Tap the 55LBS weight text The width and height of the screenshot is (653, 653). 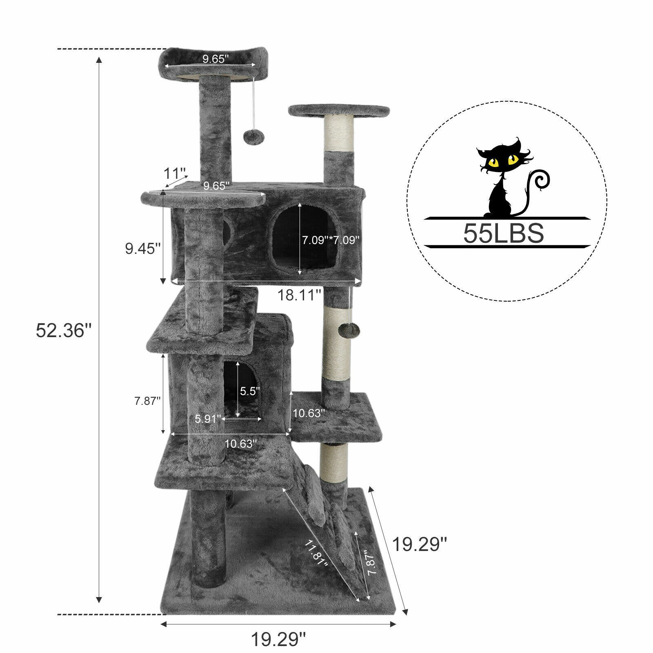[503, 233]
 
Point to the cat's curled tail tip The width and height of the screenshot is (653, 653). [543, 180]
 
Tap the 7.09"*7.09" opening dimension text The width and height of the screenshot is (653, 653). [331, 240]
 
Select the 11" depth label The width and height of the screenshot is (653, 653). [175, 173]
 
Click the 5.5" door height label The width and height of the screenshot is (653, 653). [249, 391]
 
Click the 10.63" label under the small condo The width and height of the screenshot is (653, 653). [241, 444]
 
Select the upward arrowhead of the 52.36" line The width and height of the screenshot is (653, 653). [98, 60]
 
